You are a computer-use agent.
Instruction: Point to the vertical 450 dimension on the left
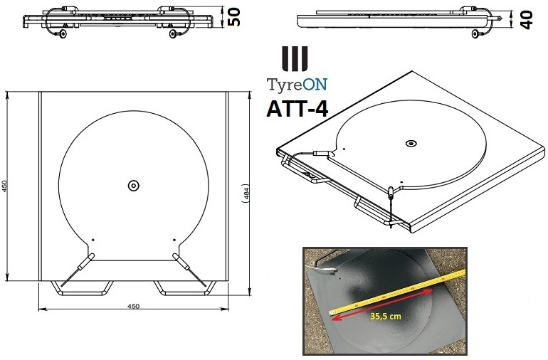pos(6,186)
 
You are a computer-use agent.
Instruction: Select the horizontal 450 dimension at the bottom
pos(132,306)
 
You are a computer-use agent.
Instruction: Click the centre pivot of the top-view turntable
pos(133,185)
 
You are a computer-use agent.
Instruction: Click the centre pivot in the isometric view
pos(410,144)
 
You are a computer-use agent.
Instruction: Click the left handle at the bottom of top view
pos(83,287)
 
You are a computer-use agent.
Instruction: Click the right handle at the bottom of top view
pos(182,287)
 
